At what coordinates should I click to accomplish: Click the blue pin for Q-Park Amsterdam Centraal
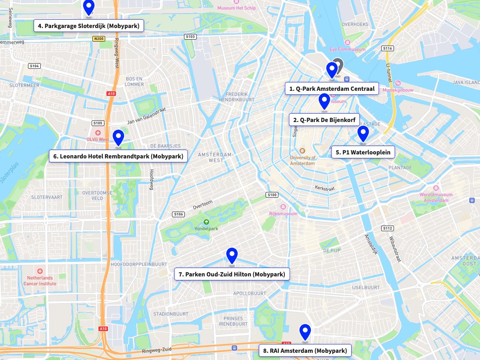pos(332,70)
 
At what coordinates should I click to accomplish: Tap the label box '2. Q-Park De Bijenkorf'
pos(324,120)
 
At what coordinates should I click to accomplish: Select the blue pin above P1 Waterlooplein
pos(363,134)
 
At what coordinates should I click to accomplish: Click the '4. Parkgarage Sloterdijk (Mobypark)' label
pos(89,26)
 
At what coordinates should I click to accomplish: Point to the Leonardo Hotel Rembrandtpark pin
pos(118,138)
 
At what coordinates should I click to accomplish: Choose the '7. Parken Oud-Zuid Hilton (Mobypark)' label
pos(232,274)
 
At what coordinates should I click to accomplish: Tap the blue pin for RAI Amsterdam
pos(305,332)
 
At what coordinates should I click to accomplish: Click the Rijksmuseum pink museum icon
pos(283,207)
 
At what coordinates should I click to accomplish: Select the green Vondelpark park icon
pos(206,222)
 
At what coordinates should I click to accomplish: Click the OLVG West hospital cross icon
pos(98,132)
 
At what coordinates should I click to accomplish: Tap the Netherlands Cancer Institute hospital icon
pos(40,271)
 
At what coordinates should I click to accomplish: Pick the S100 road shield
pos(272,195)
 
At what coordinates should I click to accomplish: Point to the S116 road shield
pos(387,48)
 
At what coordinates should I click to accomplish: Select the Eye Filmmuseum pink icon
pos(347,42)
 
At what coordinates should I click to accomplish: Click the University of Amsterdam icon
pos(302,151)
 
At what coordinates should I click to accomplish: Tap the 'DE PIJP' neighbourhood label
pos(332,251)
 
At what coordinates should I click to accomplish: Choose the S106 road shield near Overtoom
pos(178,214)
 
